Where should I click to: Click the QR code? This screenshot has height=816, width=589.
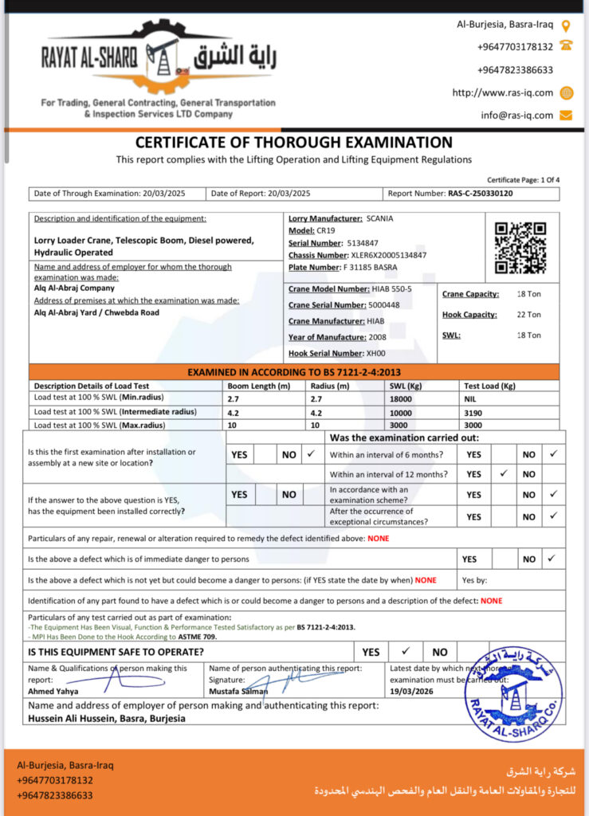click(x=520, y=247)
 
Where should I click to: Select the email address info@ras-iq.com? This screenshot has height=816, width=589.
click(x=516, y=115)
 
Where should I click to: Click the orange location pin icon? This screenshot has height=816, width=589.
click(x=566, y=25)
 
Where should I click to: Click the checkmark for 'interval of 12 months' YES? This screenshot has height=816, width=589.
click(x=504, y=473)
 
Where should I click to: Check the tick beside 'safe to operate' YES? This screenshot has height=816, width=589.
click(x=405, y=651)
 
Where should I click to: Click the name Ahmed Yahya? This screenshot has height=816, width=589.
click(x=53, y=691)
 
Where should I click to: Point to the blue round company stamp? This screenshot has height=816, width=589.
click(x=514, y=695)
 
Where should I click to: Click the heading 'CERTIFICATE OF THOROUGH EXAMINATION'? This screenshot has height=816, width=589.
click(x=294, y=143)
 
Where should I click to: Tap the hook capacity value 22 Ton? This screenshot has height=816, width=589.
click(x=528, y=315)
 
